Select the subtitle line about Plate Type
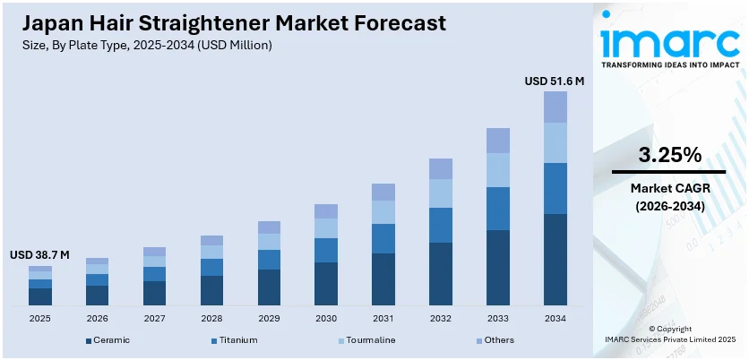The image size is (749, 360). [x=144, y=45]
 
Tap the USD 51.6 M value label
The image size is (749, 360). [x=555, y=81]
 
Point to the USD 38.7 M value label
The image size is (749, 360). [x=39, y=255]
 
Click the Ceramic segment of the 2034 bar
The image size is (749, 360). [x=555, y=259]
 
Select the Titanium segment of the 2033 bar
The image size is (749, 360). [x=498, y=209]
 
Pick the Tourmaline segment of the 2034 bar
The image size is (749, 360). [x=555, y=142]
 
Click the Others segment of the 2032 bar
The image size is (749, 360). [x=441, y=168]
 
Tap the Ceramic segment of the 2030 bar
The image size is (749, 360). [x=326, y=283]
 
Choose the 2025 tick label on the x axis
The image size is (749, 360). [x=39, y=318]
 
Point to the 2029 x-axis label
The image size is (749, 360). [x=269, y=318]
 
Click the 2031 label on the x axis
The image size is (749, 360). [x=383, y=318]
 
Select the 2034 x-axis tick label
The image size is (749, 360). [x=555, y=318]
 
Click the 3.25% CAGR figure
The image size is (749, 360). [x=668, y=155]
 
